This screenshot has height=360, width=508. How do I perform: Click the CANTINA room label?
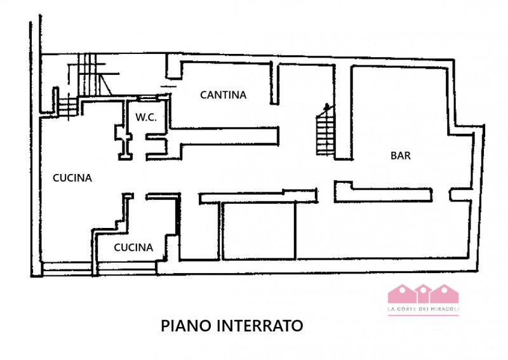coord(223,95)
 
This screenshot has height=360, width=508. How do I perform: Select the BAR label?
coord(400,156)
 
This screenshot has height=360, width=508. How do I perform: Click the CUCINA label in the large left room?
coord(72,178)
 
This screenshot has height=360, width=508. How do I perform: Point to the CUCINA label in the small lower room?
coord(133,248)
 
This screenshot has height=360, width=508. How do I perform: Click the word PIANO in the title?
coord(187,326)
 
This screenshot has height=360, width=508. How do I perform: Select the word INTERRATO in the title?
coord(261,326)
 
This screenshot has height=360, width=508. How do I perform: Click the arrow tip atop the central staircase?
coord(326,105)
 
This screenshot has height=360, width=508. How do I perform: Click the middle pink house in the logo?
coord(423,294)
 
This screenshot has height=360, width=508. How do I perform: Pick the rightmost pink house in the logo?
coord(445,294)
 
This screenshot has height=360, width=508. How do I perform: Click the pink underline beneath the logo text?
coord(423,314)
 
